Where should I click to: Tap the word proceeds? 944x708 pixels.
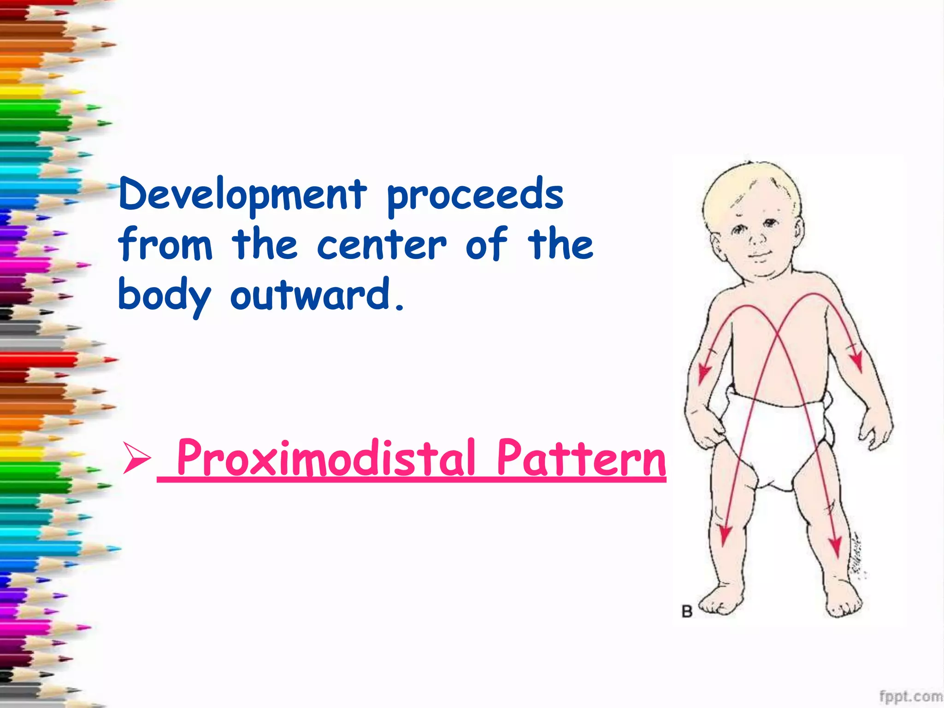click(x=475, y=195)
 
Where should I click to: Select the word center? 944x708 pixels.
click(x=382, y=244)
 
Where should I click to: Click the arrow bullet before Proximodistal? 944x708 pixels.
click(x=136, y=457)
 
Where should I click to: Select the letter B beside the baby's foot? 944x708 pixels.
click(x=687, y=612)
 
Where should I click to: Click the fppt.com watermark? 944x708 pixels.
click(x=910, y=696)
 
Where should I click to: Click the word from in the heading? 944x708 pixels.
click(x=165, y=244)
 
